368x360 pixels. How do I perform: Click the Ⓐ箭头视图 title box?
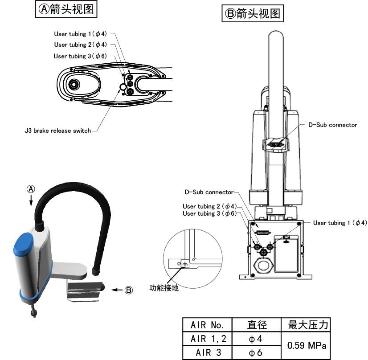pos(66,9)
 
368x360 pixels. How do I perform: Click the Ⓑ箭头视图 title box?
pos(253,13)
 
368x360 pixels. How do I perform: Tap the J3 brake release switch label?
pos(58,131)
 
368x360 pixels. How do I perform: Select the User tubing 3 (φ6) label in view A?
pos(80,56)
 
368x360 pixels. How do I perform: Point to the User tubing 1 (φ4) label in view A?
pos(81,34)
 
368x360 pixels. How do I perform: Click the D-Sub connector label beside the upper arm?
pos(332,125)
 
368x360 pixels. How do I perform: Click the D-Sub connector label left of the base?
pos(209,192)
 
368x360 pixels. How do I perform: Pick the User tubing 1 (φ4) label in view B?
pos(340,223)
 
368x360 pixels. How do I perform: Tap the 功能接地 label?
pos(164,288)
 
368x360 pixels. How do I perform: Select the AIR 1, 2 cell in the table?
pos(208,339)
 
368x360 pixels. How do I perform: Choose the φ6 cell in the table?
pos(257,352)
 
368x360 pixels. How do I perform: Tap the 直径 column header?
pos(257,325)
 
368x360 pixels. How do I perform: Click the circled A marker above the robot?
pos(31,189)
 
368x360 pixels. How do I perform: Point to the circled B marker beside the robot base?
pos(129,290)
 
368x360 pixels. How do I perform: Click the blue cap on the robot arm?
pos(23,244)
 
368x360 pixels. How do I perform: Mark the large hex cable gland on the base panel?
pos(264,266)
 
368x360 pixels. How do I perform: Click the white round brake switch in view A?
pos(123,87)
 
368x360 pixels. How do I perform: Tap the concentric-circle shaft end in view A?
pos(74,84)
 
